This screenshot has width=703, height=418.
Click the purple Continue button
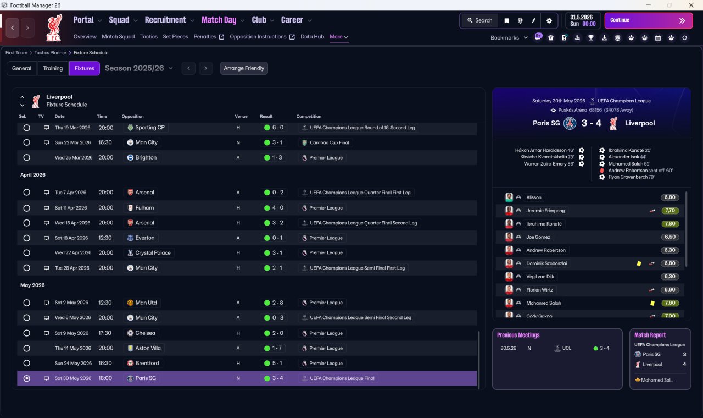649,20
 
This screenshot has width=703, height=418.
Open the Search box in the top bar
479,20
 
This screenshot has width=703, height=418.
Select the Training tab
53,68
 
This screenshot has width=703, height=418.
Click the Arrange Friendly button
244,68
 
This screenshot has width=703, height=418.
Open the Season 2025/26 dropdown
139,68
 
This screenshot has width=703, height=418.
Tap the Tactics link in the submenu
149,37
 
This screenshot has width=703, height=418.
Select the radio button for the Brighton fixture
27,157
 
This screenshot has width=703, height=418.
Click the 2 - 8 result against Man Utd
274,302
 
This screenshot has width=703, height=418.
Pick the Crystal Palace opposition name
153,252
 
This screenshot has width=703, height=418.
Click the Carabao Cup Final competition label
329,142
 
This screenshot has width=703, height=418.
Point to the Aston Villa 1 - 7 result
274,348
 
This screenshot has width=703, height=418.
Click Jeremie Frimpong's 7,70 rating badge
670,211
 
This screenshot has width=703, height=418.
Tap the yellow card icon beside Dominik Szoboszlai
639,263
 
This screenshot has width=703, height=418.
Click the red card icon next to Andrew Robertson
602,170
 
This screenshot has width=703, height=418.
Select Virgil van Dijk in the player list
540,277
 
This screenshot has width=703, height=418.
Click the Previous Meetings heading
518,335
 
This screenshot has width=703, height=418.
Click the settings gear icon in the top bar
549,21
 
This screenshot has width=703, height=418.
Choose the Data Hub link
313,37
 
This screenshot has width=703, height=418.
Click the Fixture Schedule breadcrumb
91,53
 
